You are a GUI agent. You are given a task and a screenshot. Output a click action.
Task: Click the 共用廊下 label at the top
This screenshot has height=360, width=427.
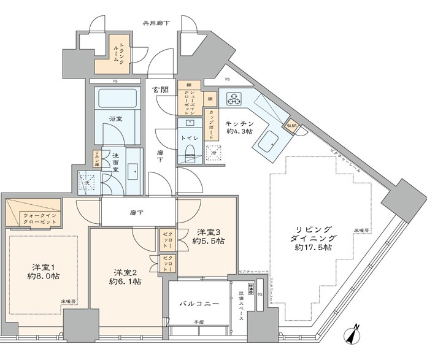156,23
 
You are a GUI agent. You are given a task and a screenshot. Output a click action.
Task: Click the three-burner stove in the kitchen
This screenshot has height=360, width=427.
234,98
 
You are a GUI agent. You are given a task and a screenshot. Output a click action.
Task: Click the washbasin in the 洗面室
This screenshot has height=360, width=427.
133,170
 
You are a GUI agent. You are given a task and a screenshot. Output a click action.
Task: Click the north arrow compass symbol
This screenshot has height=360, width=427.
352,335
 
